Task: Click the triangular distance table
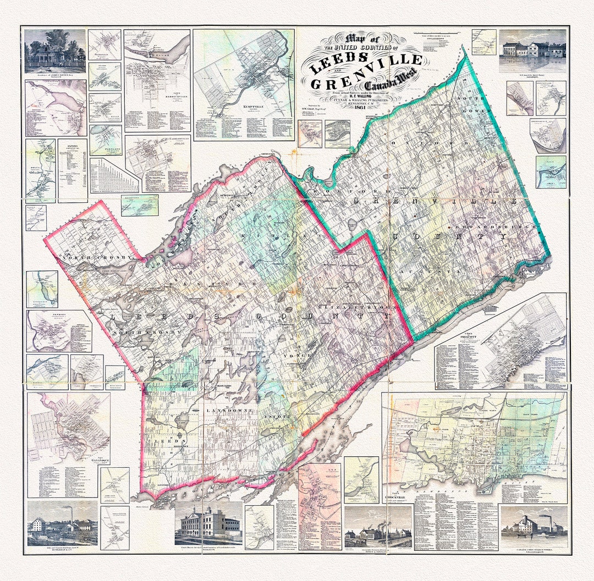click(113, 176)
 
